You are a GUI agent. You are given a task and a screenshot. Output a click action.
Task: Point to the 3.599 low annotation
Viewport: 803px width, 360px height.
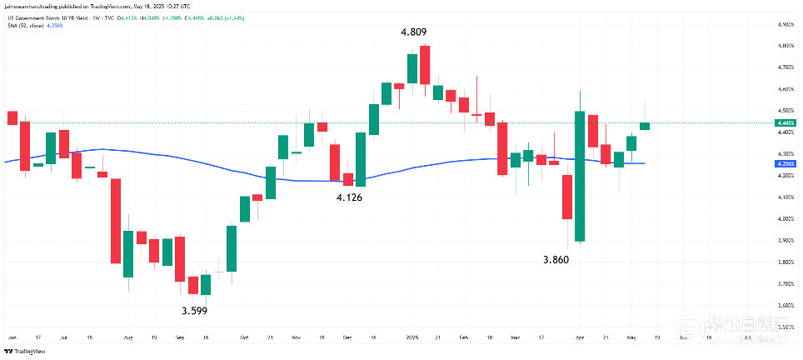point(195,311)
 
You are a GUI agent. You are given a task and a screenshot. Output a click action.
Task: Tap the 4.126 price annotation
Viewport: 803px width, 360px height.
point(349,197)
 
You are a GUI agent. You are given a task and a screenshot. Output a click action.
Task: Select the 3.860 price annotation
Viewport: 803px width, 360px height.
point(556,260)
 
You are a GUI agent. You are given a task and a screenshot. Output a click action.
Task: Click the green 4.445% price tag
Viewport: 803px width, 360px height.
point(786,123)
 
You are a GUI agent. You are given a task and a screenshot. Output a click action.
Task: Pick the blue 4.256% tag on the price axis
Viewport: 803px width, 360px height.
point(786,164)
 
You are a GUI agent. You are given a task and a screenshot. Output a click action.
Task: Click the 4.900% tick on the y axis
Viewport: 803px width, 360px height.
point(786,24)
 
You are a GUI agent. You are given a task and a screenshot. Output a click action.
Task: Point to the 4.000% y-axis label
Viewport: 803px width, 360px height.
point(786,219)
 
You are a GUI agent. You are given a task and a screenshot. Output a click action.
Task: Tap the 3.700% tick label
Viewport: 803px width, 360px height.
point(786,284)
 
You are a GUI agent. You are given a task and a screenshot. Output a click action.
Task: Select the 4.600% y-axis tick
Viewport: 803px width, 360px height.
point(786,89)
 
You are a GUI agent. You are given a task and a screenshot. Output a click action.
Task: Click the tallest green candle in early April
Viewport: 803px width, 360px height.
point(579,176)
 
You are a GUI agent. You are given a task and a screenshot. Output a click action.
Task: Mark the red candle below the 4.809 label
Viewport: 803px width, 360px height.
point(425,65)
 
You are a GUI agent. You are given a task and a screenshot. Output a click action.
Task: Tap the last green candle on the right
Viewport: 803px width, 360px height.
point(645,126)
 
